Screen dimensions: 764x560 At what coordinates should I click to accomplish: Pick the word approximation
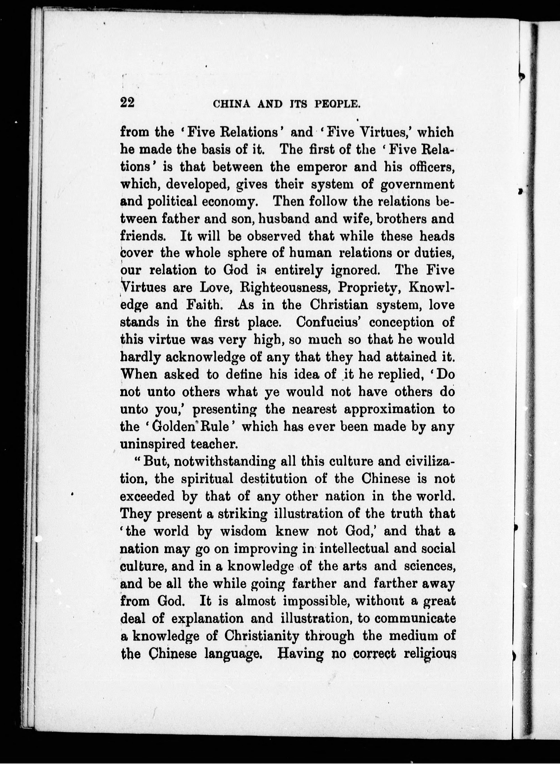coord(389,409)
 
